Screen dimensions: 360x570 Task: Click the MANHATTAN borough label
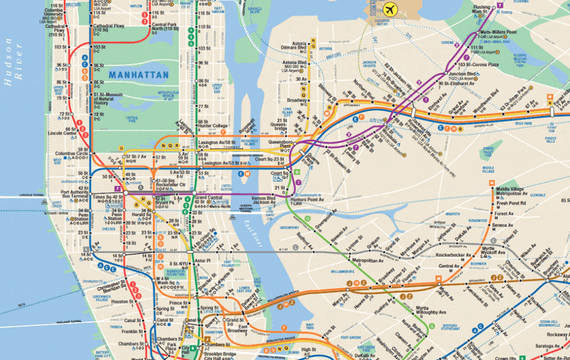click(x=139, y=74)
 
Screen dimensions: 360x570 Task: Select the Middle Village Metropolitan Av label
click(x=513, y=192)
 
